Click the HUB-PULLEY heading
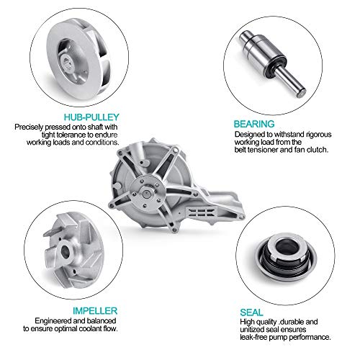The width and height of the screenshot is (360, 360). (x=91, y=117)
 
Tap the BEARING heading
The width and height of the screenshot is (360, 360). (x=254, y=124)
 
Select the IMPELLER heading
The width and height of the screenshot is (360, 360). (x=95, y=311)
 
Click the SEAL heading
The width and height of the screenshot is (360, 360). (x=251, y=312)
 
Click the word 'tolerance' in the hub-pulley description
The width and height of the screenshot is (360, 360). (x=71, y=135)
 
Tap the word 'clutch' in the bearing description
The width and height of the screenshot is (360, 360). (x=318, y=150)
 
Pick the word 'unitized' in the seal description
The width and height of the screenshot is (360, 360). (x=252, y=329)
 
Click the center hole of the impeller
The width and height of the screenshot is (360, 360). (x=66, y=251)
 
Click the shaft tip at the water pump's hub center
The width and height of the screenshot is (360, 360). (x=146, y=194)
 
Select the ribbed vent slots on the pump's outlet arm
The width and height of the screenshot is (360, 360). (x=201, y=212)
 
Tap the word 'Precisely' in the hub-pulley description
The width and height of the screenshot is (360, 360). (x=29, y=127)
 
